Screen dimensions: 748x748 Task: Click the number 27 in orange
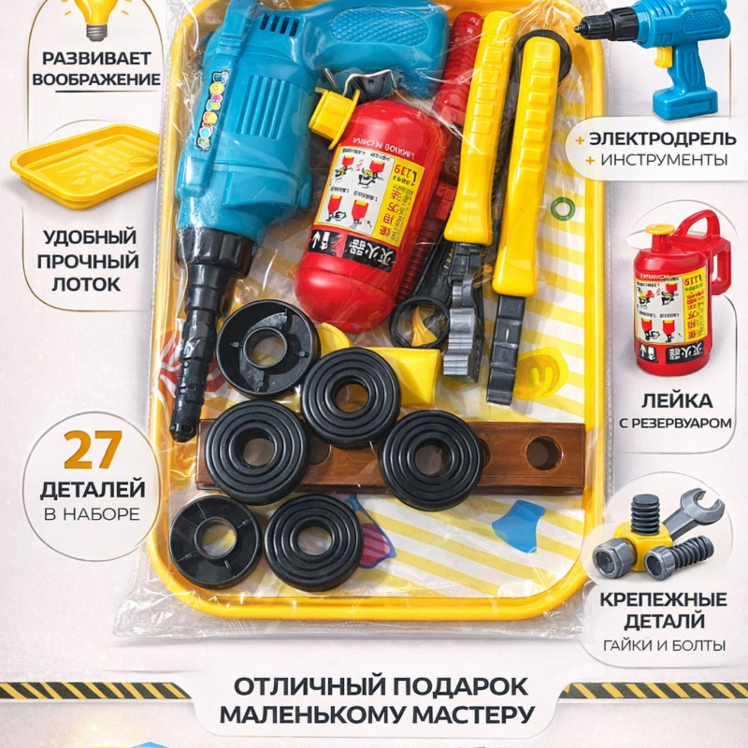pos(92,451)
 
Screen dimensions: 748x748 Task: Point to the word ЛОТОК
pos(90,281)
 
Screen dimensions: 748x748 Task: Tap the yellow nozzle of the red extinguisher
pos(333,115)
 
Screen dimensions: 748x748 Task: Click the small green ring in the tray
pos(562,208)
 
